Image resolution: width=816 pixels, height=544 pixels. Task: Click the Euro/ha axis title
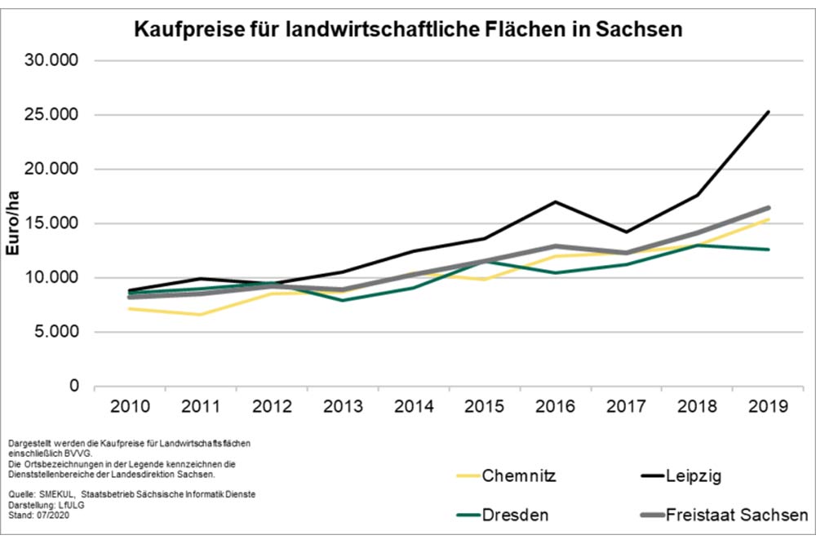click(13, 223)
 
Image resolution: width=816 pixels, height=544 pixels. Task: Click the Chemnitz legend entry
click(519, 475)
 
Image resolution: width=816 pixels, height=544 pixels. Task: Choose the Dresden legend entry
click(515, 515)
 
